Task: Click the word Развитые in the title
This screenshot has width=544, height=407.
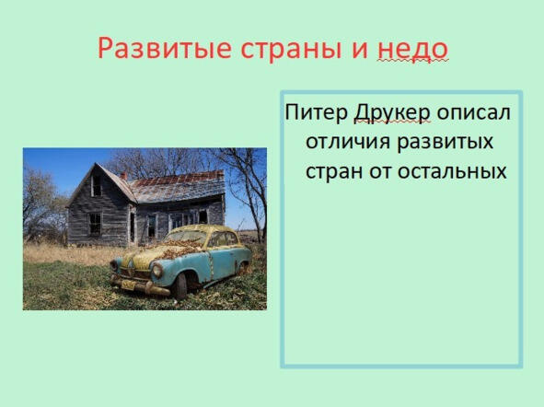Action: tap(165, 48)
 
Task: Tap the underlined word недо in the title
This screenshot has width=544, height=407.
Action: tap(413, 50)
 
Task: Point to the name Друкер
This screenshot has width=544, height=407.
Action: tap(392, 113)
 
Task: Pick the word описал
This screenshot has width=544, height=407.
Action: tap(473, 112)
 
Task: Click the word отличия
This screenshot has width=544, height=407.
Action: tap(348, 142)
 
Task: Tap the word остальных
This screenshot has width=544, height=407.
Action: tap(452, 171)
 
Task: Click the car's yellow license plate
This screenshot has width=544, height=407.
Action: tap(128, 285)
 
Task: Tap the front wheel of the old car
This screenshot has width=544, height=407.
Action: tap(180, 285)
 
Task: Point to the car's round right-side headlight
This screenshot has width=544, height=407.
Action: tap(157, 271)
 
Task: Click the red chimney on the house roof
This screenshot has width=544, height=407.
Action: tap(123, 176)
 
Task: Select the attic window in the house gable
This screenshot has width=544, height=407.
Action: tap(96, 186)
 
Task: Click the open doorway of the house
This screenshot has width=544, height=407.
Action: tap(133, 227)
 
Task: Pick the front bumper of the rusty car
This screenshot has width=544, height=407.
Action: tap(140, 284)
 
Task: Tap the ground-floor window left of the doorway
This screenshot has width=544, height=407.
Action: tap(95, 224)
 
